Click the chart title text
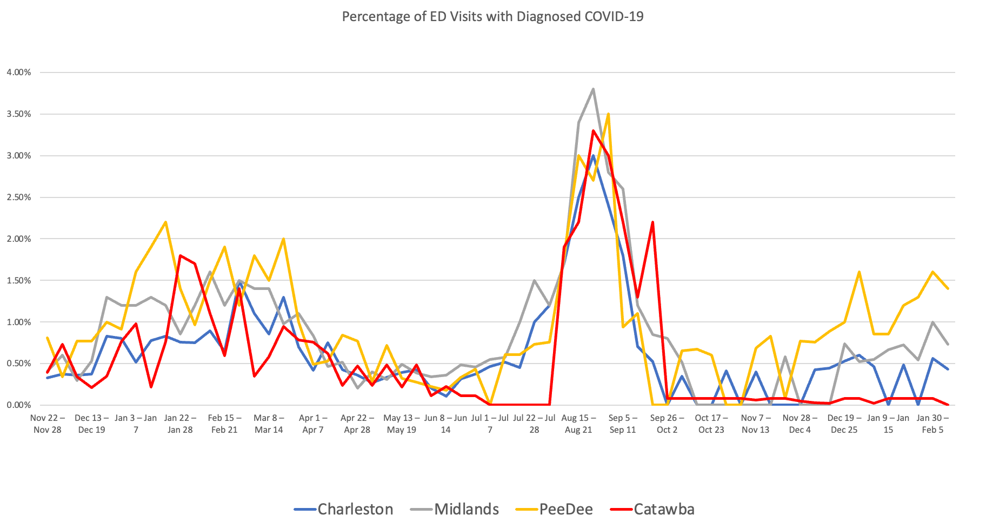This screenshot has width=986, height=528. [x=492, y=17]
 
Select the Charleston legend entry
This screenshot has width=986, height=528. [x=355, y=509]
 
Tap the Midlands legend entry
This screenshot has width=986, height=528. [x=466, y=509]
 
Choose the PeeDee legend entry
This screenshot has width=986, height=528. [x=565, y=509]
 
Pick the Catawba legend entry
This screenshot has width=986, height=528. [x=663, y=509]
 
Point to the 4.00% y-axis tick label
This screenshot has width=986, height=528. [x=19, y=72]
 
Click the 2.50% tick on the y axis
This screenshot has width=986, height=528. [x=19, y=197]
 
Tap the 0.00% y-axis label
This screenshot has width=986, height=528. [x=19, y=405]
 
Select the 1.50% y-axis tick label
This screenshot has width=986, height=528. [x=19, y=281]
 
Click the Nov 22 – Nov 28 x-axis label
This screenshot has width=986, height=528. [x=48, y=424]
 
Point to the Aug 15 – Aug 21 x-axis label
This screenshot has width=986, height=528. [x=578, y=424]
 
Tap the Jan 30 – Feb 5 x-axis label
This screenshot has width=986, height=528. [x=932, y=424]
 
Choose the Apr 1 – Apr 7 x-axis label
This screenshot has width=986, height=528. [x=313, y=424]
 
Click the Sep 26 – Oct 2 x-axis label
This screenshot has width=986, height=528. [x=667, y=424]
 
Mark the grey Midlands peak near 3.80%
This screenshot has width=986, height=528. [x=594, y=89]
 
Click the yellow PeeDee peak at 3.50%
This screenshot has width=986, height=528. [x=609, y=114]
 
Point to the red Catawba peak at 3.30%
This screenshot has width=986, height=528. [x=594, y=130]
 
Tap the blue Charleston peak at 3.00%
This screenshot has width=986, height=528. [x=594, y=156]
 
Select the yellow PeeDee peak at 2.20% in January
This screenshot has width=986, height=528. [x=165, y=222]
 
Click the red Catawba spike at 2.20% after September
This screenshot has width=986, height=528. [x=653, y=222]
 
